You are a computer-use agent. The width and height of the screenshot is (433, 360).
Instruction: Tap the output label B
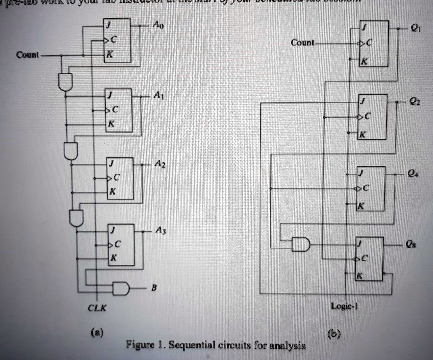(153, 288)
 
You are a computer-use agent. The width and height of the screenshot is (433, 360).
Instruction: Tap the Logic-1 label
(344, 306)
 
